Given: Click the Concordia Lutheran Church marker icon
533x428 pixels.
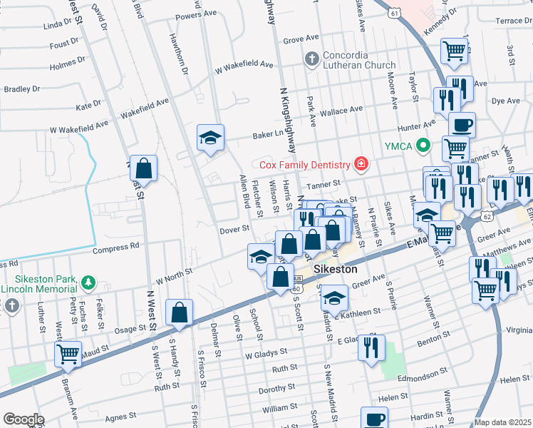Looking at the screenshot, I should (311, 57).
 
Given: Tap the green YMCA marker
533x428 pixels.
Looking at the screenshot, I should (425, 146).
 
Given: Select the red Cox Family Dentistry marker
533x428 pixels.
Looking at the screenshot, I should (361, 165).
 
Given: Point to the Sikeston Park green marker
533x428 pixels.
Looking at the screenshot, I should (88, 283).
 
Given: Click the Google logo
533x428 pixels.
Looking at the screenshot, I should (24, 419).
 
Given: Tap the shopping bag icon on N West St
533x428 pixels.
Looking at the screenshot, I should (143, 170).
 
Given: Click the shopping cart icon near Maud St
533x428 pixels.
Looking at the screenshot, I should (68, 353).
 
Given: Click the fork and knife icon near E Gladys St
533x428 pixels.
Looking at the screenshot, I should (371, 348).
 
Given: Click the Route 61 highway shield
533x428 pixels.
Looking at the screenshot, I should (393, 11).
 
